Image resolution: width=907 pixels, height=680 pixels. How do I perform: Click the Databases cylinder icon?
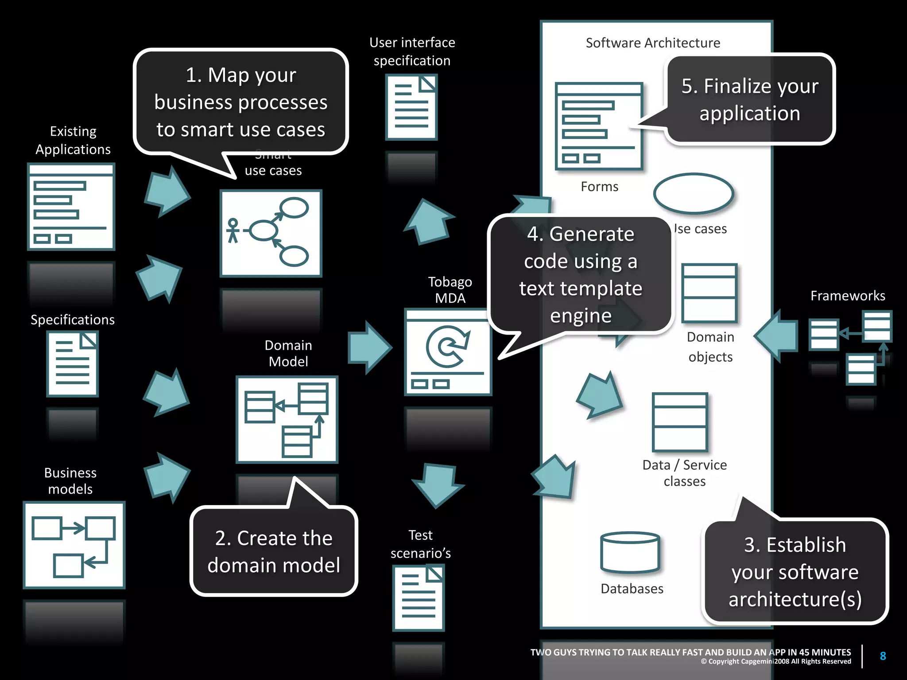point(630,552)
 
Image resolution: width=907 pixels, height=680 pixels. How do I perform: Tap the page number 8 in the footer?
point(883,656)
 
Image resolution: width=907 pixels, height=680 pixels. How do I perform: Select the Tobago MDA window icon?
point(448,352)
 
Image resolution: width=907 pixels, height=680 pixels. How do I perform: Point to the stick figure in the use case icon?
point(233,231)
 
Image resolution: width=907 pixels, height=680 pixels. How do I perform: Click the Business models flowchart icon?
point(74,545)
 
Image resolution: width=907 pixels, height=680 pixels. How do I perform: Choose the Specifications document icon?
point(73,364)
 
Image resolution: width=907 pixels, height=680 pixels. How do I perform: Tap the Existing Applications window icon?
point(71,207)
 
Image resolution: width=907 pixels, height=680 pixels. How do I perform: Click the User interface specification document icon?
point(411,107)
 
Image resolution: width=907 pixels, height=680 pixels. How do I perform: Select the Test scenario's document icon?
point(419,598)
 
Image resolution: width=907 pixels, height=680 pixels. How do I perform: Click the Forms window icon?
point(599,126)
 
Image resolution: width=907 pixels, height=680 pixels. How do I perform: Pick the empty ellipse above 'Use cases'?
point(694,194)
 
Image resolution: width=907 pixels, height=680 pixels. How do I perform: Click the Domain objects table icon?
point(709,293)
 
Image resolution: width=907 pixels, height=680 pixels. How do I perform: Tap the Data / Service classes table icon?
point(680,422)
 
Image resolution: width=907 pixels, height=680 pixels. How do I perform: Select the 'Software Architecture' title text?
point(653,43)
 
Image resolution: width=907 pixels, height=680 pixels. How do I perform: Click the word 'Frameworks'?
point(848,296)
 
